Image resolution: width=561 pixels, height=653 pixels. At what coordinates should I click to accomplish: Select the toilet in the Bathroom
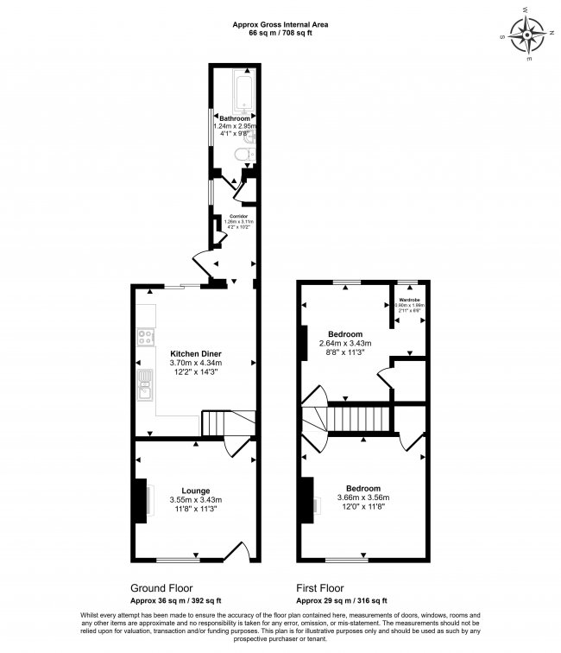point(243,155)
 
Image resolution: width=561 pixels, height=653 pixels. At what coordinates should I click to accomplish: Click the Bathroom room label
point(234,117)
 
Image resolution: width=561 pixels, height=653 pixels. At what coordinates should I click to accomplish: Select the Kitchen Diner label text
point(195,353)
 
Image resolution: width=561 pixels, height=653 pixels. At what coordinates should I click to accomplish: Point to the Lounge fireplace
point(140,500)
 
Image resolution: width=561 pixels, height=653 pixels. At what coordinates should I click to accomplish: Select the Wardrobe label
point(409,300)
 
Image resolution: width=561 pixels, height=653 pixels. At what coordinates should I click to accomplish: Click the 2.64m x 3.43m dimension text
point(356,344)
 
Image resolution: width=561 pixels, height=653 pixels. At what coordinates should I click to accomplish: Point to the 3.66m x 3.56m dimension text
point(362,498)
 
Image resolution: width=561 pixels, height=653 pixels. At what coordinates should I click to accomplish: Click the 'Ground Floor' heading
point(160,586)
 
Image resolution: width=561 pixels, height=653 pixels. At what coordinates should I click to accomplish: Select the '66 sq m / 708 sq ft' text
point(280,34)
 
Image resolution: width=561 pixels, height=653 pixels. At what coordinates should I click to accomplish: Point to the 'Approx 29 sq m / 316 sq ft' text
point(342,600)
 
